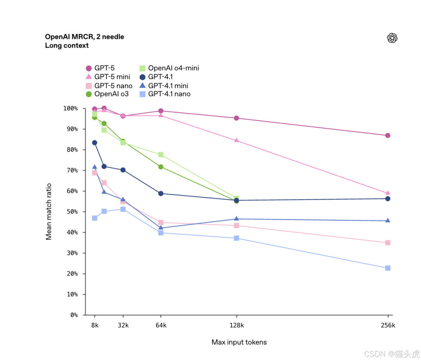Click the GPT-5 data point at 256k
click(x=387, y=135)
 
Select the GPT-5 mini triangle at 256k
click(x=387, y=193)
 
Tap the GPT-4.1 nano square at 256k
click(x=387, y=268)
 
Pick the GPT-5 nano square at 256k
click(x=387, y=243)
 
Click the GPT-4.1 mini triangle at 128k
click(x=236, y=219)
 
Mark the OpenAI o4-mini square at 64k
click(x=161, y=155)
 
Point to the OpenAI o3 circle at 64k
click(x=161, y=167)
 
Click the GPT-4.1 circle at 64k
click(x=161, y=193)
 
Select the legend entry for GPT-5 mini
click(x=112, y=77)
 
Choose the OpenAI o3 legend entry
click(x=111, y=94)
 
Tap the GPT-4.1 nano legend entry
click(x=169, y=94)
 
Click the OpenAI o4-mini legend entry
click(x=173, y=68)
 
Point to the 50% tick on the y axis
click(x=72, y=212)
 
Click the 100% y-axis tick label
click(x=71, y=108)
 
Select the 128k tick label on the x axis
click(x=237, y=325)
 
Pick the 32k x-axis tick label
click(x=123, y=325)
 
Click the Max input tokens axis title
click(x=239, y=342)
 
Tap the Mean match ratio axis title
click(x=49, y=212)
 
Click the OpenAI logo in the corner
click(x=392, y=38)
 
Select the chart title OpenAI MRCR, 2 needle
click(x=85, y=37)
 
